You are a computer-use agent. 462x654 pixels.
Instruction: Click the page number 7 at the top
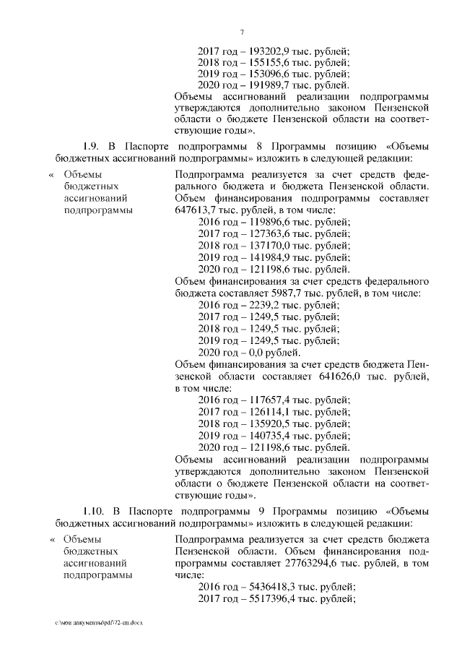tap(242, 31)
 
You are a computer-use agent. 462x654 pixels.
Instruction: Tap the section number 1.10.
tap(95, 507)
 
